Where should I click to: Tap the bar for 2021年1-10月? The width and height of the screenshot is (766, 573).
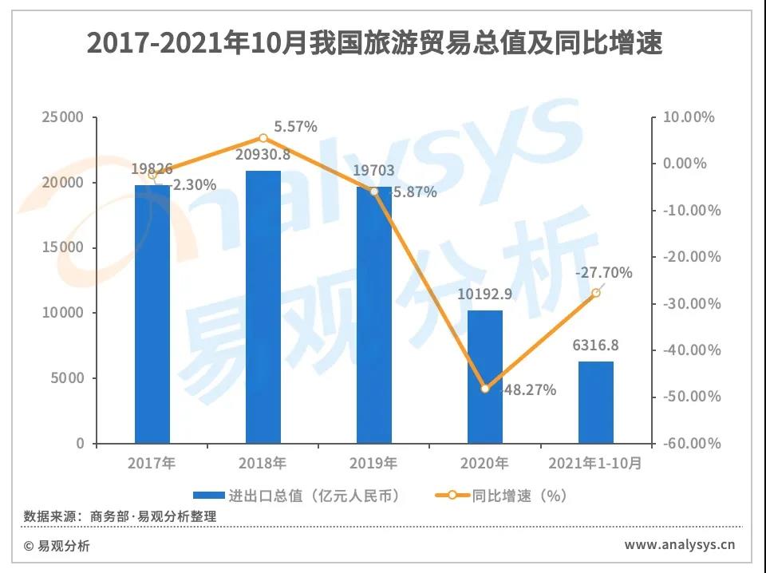pos(596,402)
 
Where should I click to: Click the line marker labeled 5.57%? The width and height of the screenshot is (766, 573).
pos(263,138)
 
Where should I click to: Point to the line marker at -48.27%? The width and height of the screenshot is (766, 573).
pos(485,389)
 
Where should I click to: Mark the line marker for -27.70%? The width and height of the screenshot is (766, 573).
pos(596,293)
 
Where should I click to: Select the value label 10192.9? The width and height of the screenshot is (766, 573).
pos(485,294)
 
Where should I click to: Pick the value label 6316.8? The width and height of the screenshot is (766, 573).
pos(596,346)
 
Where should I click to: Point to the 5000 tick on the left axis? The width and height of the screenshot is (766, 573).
pos(68,378)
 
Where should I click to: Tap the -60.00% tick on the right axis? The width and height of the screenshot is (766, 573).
pos(691,444)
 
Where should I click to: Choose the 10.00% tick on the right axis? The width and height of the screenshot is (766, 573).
pos(692,117)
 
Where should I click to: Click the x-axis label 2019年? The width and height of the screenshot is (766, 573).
pos(374,464)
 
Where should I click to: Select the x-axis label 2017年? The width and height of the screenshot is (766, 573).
pos(152,464)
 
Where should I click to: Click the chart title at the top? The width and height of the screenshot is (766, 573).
pos(374,43)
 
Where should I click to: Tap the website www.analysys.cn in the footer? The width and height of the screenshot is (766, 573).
pos(679,546)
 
